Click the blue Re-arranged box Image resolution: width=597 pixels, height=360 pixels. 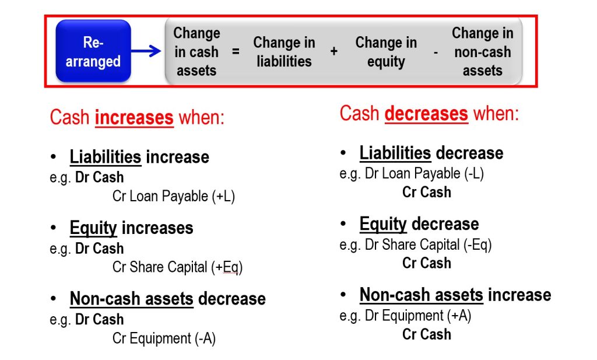(93, 51)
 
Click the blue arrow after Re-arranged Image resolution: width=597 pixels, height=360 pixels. (146, 51)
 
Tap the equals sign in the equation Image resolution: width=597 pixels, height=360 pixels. (236, 51)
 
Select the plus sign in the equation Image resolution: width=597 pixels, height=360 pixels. (334, 51)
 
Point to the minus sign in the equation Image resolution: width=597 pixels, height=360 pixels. (436, 52)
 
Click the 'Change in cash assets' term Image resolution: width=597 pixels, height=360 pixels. (196, 52)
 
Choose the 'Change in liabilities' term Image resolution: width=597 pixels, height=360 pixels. (284, 51)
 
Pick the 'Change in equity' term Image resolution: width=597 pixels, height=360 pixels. (386, 52)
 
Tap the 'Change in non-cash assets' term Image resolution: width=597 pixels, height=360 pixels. (482, 52)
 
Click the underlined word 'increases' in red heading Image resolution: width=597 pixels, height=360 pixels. (134, 117)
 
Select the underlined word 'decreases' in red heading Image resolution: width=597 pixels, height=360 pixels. (426, 113)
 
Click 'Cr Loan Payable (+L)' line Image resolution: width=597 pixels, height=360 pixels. (174, 196)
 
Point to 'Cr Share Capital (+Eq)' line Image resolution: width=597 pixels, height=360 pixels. (177, 267)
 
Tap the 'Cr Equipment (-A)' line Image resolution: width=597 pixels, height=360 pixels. (164, 338)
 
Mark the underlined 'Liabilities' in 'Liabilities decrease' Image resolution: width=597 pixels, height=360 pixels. (395, 153)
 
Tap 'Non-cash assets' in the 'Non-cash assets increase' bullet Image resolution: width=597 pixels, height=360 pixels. (422, 295)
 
